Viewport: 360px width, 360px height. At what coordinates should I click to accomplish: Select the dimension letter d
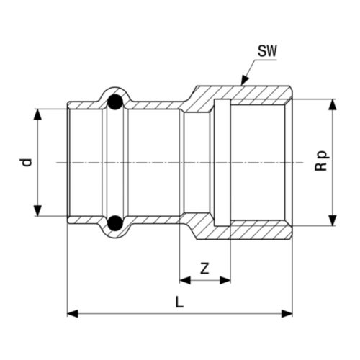[x=27, y=162]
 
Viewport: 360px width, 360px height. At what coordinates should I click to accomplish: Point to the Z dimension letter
[x=204, y=269]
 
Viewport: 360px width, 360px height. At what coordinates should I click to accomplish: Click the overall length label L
[x=179, y=302]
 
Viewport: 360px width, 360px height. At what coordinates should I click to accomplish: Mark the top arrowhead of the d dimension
[x=36, y=113]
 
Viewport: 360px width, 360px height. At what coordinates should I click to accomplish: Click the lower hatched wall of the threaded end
[x=259, y=230]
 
